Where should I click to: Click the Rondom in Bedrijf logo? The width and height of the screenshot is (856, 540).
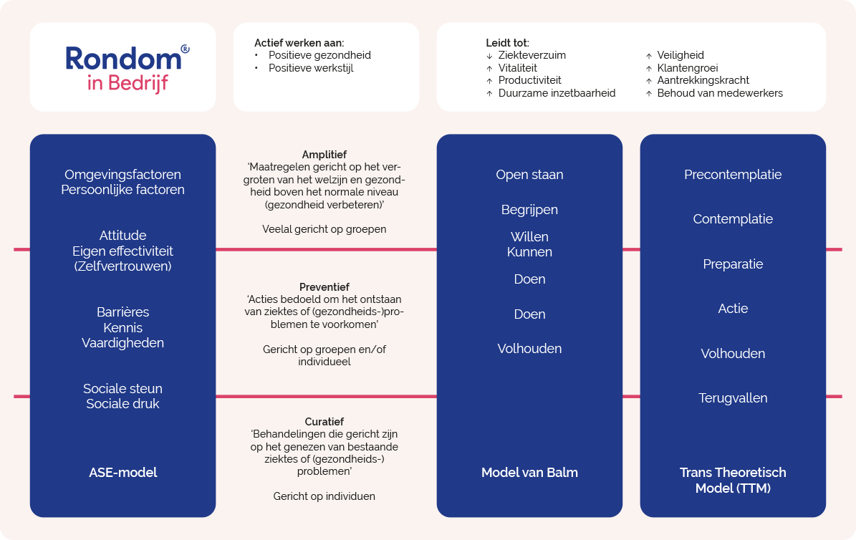point(128,68)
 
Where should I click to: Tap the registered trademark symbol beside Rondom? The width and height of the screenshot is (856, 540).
point(185,49)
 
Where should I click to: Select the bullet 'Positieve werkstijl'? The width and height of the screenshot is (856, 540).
point(311,68)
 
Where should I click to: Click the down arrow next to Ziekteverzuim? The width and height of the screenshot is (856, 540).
point(489,56)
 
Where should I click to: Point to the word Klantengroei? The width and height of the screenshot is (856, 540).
point(688,68)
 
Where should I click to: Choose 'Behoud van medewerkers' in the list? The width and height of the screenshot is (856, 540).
point(719,93)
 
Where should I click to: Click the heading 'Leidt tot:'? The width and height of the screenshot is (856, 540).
point(507,42)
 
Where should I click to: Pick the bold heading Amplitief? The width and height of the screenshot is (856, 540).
point(324,155)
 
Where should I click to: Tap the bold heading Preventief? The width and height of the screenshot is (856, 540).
point(324,287)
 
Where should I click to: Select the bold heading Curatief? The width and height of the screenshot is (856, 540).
point(324,422)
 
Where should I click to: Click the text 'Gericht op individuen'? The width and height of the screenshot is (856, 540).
point(324,496)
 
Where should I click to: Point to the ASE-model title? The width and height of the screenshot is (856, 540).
point(122,472)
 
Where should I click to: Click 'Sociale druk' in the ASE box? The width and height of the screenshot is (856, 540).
point(122,403)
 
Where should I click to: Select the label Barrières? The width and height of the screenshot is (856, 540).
point(122,312)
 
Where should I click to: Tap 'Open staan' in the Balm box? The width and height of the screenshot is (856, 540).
point(529,175)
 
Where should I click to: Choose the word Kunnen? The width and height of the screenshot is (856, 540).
point(529,251)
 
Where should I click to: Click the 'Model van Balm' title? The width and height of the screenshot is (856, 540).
point(529,472)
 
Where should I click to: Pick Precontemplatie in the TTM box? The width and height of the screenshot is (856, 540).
point(733,175)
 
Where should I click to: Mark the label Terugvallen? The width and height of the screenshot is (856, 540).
point(733,398)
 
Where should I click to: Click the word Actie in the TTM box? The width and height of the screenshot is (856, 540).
point(733,309)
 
